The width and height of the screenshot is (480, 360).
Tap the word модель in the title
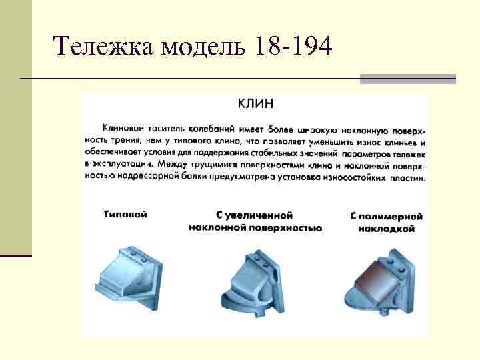pyautogui.click(x=199, y=47)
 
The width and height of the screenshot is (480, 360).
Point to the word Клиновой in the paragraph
pyautogui.click(x=121, y=127)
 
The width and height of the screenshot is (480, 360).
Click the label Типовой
pyautogui.click(x=125, y=215)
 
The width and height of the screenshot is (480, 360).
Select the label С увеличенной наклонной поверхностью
pyautogui.click(x=255, y=222)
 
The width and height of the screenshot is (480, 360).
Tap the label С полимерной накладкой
pyautogui.click(x=386, y=222)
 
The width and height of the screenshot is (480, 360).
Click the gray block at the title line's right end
pyautogui.click(x=407, y=79)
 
